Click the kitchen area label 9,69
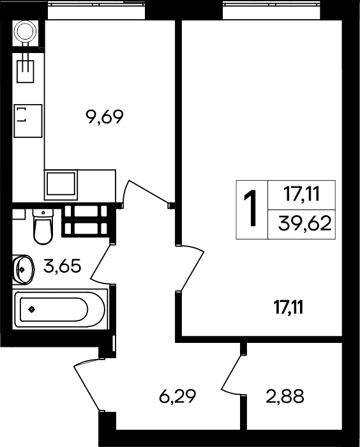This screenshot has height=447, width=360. coord(104,117)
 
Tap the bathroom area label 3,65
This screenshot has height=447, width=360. coord(63,266)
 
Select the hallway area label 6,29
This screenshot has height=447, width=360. coord(177,396)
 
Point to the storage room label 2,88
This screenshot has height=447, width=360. coord(285,397)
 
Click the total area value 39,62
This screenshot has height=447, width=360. coord(304,223)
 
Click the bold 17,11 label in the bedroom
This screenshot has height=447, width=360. coord(288,307)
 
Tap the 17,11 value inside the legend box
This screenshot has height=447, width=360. coord(301,195)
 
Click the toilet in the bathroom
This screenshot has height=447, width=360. coord(43,227)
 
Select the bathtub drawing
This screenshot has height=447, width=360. coord(60,310)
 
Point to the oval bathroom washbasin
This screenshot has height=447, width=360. coord(24,269)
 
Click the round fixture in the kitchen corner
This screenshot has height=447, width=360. coord(26,32)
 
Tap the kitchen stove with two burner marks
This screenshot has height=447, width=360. coord(28,121)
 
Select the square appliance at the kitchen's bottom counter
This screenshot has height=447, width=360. coord(61,185)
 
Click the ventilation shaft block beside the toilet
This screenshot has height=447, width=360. coord(86,221)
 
